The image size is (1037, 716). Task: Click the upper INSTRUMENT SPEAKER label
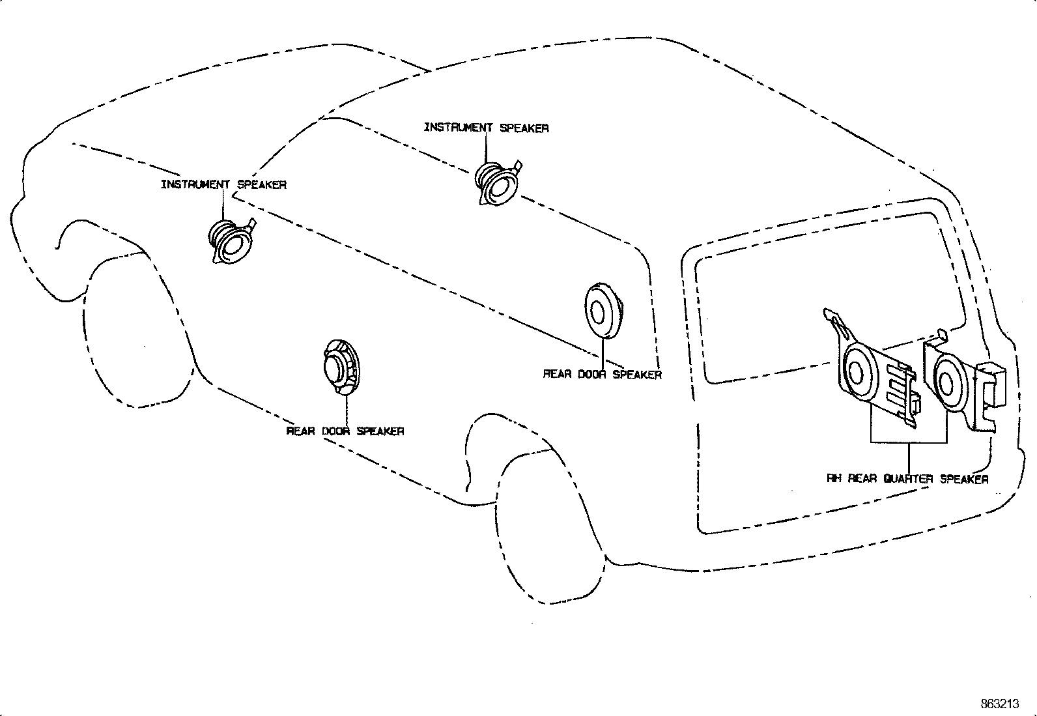coord(486,128)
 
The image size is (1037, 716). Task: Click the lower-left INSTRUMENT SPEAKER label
coord(223,184)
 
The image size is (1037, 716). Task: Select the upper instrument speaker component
coord(498,183)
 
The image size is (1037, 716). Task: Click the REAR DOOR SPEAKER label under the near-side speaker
coord(345,431)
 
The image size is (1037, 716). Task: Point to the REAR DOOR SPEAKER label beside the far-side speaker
coord(603,374)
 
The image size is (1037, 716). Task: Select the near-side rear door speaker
coord(341,367)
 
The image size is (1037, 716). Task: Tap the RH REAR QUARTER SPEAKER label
coord(907,479)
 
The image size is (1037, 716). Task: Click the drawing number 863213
coord(1000,704)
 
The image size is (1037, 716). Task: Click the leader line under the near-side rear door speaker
coord(346,410)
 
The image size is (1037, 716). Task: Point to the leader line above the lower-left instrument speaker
coord(223,205)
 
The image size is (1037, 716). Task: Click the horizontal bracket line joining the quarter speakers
coord(909,443)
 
